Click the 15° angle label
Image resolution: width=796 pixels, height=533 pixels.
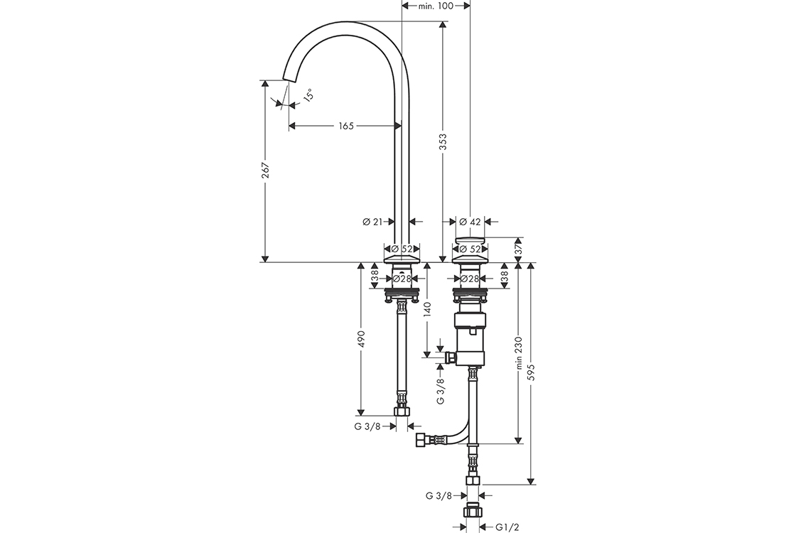308,95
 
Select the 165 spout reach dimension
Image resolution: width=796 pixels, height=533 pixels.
345,125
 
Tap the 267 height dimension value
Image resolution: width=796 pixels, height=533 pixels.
264,171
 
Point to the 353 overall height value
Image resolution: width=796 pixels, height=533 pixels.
443,141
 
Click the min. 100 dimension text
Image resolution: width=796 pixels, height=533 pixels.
436,6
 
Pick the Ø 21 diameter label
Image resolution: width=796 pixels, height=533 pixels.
372,221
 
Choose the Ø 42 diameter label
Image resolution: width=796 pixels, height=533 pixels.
470,221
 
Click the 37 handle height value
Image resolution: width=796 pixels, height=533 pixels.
518,249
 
